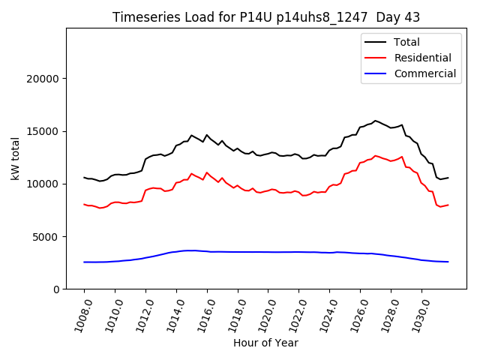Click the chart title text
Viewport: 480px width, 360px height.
tap(266, 17)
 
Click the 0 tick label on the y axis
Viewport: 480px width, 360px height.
tap(56, 289)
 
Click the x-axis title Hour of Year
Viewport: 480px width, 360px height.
tap(266, 343)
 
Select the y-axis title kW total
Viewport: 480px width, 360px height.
tap(15, 159)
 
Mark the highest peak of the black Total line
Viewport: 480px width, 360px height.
tap(375, 120)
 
